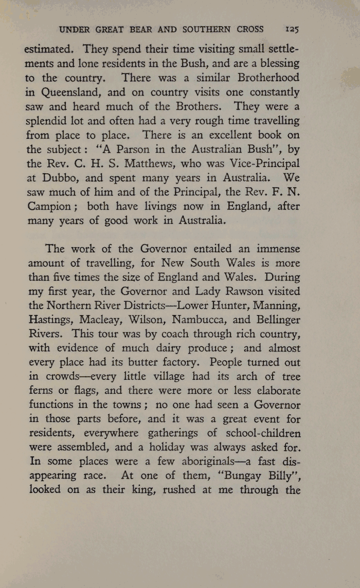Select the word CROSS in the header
point(250,29)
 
